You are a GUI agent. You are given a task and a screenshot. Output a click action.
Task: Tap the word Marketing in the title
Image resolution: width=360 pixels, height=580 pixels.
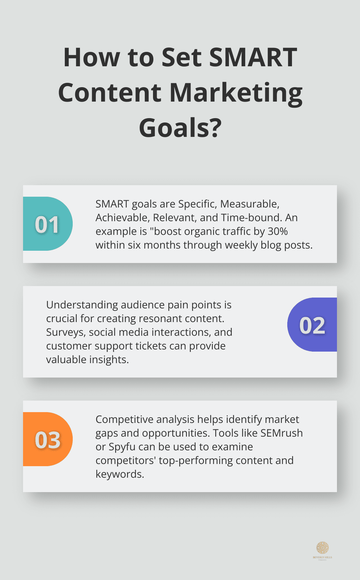tap(236, 93)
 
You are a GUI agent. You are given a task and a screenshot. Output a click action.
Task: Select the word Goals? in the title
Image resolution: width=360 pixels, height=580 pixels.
tap(180, 128)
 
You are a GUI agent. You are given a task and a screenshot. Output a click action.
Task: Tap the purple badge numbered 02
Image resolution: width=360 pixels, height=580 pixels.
tap(312, 325)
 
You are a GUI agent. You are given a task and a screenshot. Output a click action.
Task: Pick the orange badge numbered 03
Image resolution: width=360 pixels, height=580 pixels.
tap(48, 440)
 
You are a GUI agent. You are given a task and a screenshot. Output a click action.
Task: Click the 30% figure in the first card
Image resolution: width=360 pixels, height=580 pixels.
tap(278, 231)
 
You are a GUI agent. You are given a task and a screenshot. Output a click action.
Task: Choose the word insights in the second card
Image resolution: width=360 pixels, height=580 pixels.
tap(108, 360)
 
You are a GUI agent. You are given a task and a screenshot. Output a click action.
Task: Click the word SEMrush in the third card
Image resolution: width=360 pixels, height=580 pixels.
tap(281, 433)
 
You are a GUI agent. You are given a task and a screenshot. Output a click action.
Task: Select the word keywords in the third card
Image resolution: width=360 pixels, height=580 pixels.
tap(119, 474)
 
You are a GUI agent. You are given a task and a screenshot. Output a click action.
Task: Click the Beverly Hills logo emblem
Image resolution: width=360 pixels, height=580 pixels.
tap(323, 548)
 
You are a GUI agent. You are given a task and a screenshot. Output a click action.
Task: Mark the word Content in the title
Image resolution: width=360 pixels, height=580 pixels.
tap(109, 93)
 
